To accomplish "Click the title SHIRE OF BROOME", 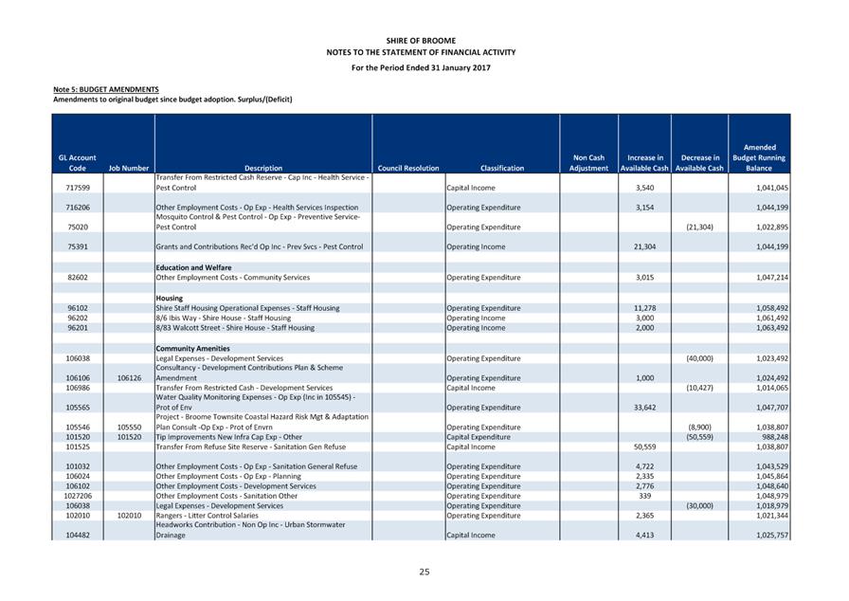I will (421, 41).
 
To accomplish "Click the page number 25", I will (424, 572).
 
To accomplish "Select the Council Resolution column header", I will (407, 168).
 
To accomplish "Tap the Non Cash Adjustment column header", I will (588, 162).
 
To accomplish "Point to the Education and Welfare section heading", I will (193, 267).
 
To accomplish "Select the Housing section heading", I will (170, 298).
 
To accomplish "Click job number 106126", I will (129, 377).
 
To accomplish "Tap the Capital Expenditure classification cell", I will (484, 436).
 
